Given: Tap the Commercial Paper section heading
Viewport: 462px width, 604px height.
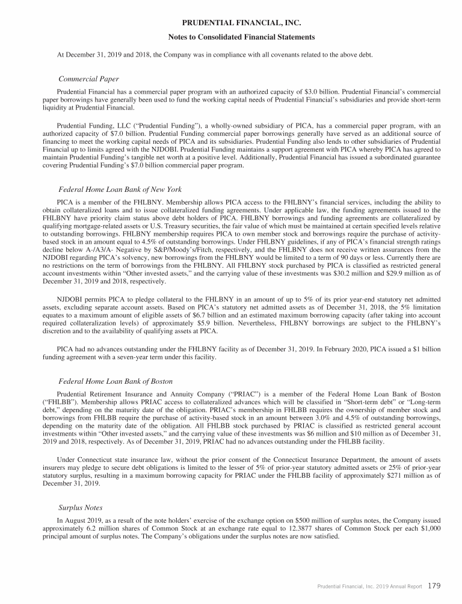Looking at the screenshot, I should click(x=88, y=79).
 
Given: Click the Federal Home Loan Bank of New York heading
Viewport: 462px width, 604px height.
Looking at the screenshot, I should click(x=120, y=190).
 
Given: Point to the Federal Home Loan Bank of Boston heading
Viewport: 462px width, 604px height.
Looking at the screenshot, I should click(x=115, y=381).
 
